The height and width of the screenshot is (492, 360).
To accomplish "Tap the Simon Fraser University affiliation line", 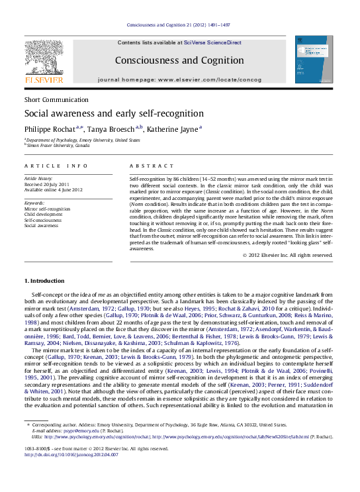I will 56,145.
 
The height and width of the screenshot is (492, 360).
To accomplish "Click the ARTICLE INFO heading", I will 56,166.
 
